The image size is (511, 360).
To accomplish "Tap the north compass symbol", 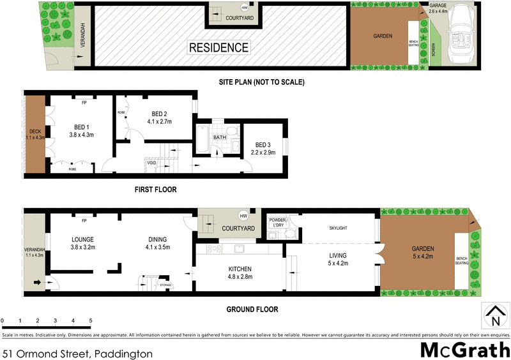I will click(x=494, y=315).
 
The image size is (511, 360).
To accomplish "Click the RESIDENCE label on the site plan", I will click(x=218, y=47).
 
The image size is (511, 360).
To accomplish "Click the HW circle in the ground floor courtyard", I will click(x=243, y=215).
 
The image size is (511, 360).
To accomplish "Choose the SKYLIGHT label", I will click(x=338, y=227).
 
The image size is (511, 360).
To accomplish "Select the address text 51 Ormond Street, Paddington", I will click(x=77, y=352).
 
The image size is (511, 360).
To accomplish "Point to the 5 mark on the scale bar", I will click(x=91, y=320).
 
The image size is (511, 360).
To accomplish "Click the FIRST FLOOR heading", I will click(x=155, y=190).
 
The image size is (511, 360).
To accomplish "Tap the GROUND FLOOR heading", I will click(x=252, y=310).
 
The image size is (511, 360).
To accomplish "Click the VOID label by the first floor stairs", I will click(x=151, y=163).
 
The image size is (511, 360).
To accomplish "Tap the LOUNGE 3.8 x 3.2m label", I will click(x=82, y=243).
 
